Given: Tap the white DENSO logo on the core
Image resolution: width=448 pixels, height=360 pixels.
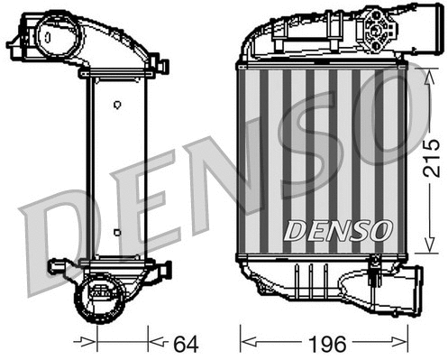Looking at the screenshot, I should [x=337, y=231].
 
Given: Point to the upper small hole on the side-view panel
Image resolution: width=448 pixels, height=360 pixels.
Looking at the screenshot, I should [x=118, y=105].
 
